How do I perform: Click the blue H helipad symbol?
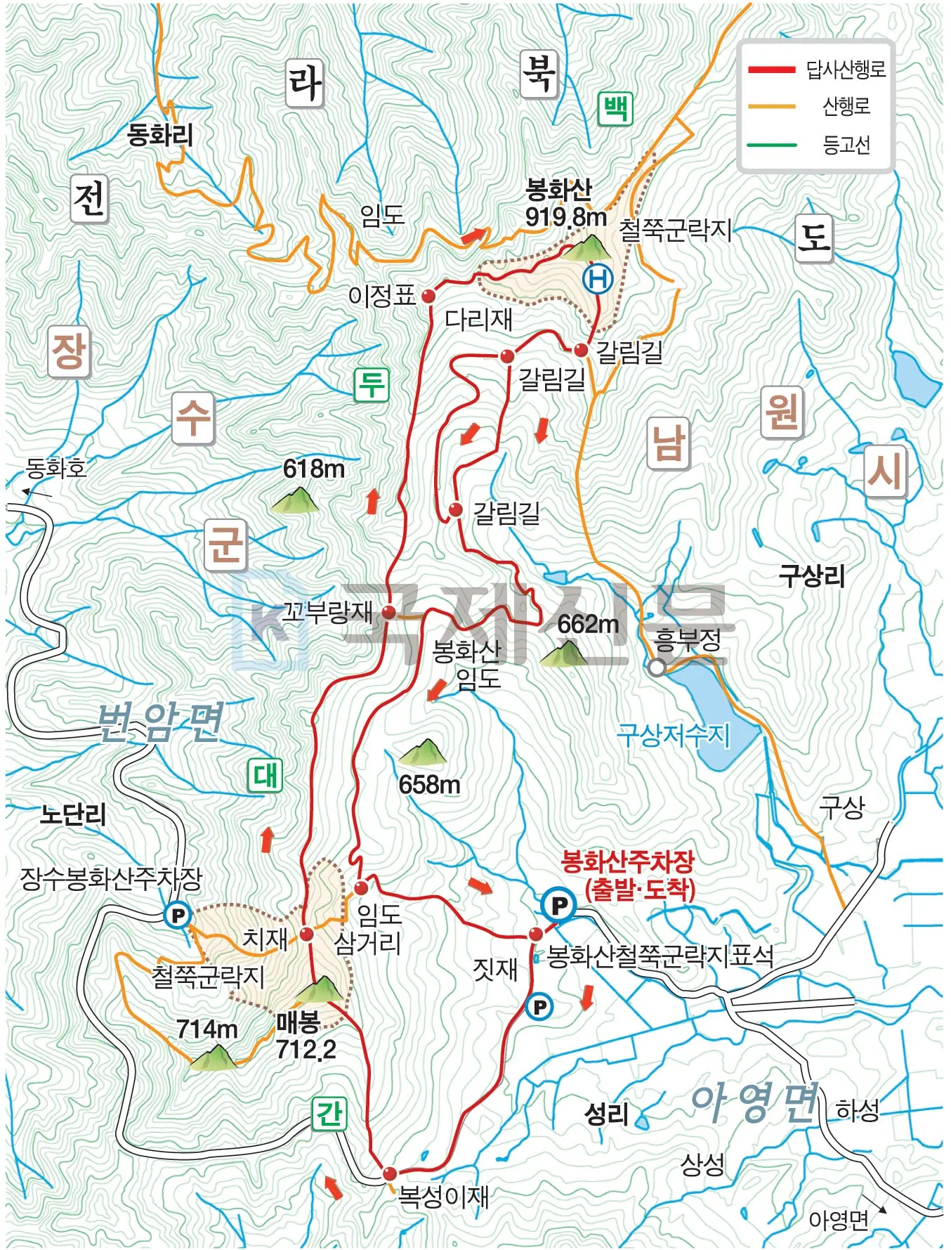click(598, 279)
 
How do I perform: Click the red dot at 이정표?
click(428, 297)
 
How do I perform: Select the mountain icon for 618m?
click(295, 500)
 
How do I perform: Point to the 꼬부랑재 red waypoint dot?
click(388, 612)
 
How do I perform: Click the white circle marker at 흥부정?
click(656, 668)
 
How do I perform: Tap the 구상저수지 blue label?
click(673, 735)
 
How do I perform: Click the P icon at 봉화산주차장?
click(559, 905)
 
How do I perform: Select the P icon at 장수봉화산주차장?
click(178, 916)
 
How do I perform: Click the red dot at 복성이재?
click(389, 1173)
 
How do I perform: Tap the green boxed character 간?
click(329, 1114)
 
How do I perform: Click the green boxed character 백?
click(615, 109)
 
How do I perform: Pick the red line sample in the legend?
click(771, 70)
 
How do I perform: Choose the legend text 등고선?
click(846, 145)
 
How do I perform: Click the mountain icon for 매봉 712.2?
click(320, 989)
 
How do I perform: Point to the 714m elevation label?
click(206, 1029)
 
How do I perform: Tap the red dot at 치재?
click(306, 935)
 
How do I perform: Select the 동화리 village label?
click(160, 134)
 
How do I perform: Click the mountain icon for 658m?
click(423, 753)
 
